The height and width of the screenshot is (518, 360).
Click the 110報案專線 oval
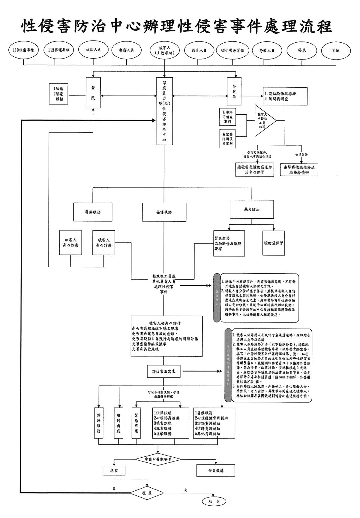pos(23,50)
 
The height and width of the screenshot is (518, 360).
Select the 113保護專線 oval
pos(58,50)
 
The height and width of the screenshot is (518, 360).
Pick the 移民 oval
pos(302,50)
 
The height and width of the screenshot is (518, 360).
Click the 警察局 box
pos(234,92)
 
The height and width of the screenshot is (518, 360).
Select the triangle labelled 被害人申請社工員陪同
pos(263,121)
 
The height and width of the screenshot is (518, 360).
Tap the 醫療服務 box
pos(93,212)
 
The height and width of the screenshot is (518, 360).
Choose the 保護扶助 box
pos(164,212)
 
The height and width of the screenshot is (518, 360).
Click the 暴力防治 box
pos(252,209)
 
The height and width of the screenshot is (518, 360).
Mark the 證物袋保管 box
pos(274,243)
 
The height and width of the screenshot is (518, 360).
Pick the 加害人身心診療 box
pos(70,243)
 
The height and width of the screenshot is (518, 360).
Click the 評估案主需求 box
pos(164,371)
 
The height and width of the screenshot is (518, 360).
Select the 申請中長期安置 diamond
pos(158,459)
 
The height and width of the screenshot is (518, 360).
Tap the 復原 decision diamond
pos(147,493)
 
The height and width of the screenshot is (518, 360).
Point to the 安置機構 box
pos(216,471)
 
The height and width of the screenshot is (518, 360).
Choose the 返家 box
pos(114,471)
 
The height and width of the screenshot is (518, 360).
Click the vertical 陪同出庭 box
pos(119,424)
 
